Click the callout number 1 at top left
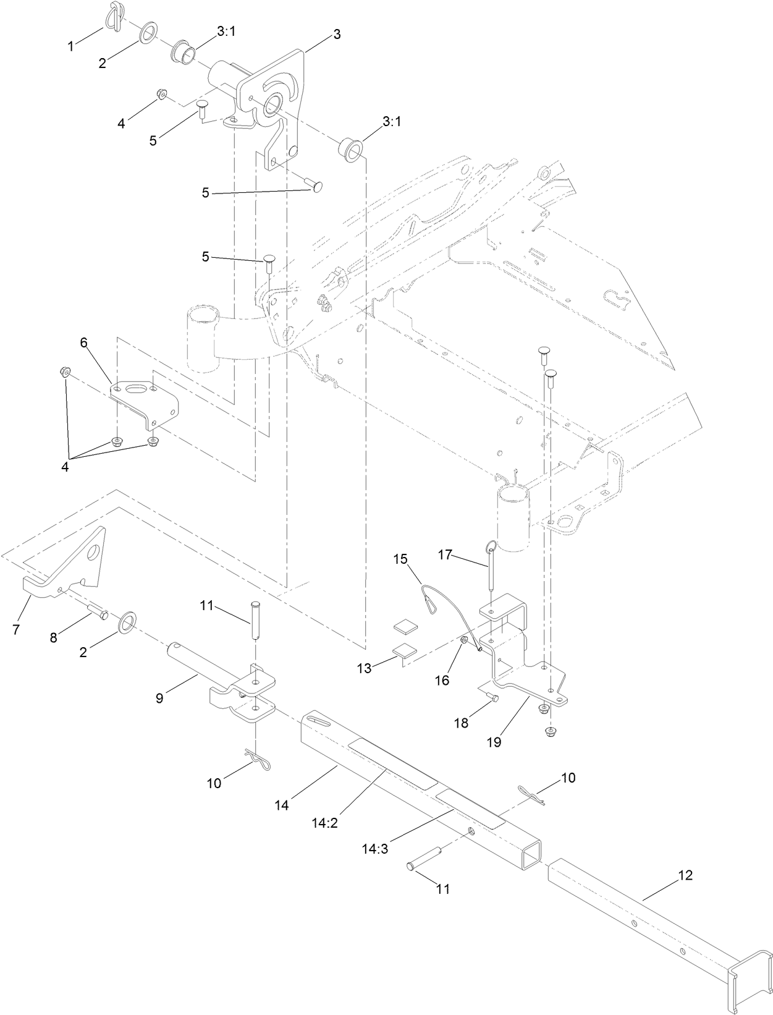point(71,46)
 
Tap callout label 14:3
point(375,849)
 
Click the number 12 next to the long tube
point(685,875)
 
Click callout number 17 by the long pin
point(446,554)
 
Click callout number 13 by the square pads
point(365,668)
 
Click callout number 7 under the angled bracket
point(17,629)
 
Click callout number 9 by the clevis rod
point(159,698)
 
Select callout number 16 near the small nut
point(442,680)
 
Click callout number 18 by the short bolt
point(462,723)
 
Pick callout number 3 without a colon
point(337,35)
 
